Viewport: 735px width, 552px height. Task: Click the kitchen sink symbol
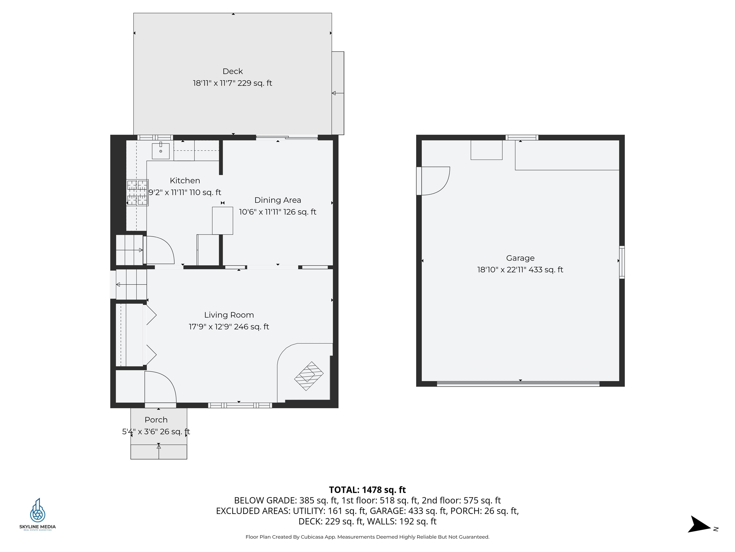[161, 151]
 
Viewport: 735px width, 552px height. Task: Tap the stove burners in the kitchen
[137, 193]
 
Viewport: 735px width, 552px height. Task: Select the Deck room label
[233, 71]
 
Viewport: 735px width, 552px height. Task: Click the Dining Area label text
[278, 200]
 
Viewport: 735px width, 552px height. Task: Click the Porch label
[156, 420]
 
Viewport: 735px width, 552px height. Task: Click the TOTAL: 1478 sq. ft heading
[367, 490]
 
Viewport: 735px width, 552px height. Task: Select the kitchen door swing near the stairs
[160, 250]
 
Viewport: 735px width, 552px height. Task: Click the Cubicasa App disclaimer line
[367, 537]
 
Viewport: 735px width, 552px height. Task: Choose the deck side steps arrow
[338, 93]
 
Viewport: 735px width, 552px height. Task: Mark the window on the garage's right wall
[622, 262]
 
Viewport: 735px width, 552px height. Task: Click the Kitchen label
[185, 181]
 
